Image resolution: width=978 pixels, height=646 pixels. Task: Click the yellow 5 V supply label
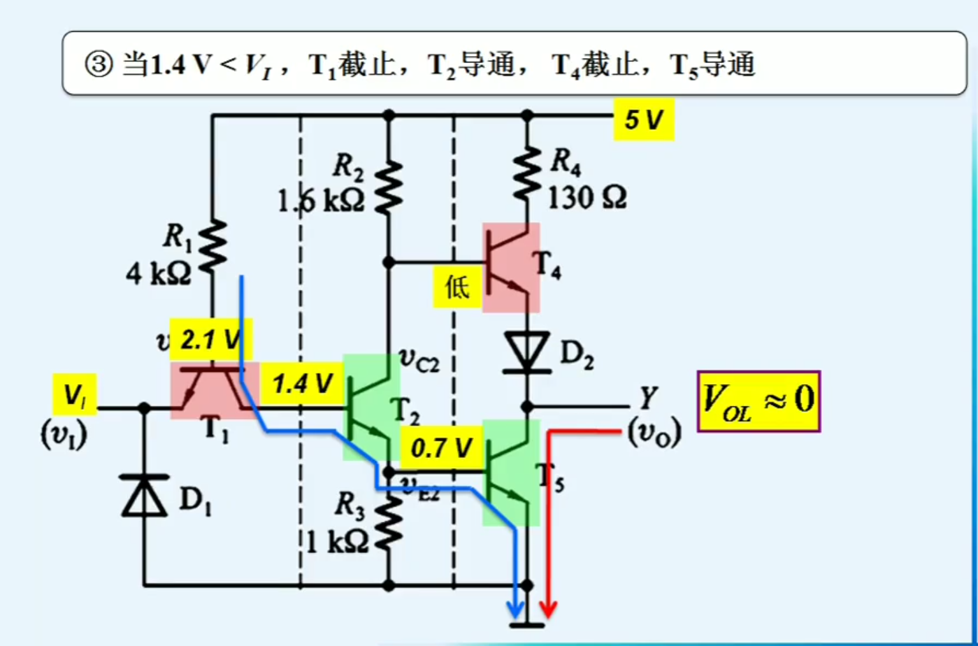[x=644, y=120]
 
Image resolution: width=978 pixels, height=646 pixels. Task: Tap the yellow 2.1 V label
[x=211, y=340]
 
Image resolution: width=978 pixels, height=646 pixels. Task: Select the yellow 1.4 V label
[x=302, y=384]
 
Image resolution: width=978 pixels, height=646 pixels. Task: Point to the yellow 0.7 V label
[x=441, y=448]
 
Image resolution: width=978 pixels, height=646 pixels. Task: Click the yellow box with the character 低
[x=457, y=287]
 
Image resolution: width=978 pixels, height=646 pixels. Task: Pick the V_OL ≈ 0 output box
[x=758, y=401]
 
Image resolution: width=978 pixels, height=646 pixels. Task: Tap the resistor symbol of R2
[x=389, y=186]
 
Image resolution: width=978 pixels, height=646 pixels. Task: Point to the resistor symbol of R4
[x=527, y=173]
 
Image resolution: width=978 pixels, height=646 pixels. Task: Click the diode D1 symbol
[x=145, y=496]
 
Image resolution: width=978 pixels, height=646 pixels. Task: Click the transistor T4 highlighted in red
[x=511, y=268]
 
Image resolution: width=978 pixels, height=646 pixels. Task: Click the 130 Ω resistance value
[x=587, y=198]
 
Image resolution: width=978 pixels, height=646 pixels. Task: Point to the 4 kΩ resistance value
[x=158, y=274]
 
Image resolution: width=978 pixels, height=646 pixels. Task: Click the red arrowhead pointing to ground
[x=549, y=608]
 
